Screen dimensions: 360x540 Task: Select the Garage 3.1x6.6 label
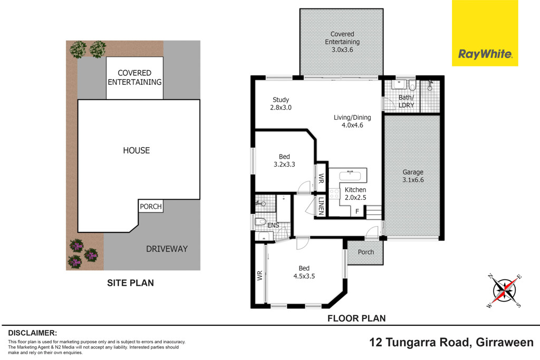click(x=413, y=176)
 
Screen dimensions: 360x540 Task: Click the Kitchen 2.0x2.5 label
click(x=355, y=193)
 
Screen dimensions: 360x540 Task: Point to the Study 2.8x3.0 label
click(x=281, y=103)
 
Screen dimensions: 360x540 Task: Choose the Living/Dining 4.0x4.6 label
click(x=352, y=121)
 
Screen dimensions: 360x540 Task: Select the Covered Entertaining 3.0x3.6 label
click(x=342, y=42)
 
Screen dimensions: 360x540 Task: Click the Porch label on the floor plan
click(x=365, y=252)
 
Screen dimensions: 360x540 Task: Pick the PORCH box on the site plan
click(x=151, y=206)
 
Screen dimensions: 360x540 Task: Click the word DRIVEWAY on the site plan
click(x=166, y=249)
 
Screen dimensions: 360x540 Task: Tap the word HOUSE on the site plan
click(x=137, y=151)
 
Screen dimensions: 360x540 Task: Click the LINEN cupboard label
click(x=321, y=206)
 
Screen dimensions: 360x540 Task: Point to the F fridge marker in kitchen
click(x=357, y=211)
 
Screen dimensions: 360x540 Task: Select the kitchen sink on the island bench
click(x=348, y=176)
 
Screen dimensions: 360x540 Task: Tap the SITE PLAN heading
click(x=130, y=283)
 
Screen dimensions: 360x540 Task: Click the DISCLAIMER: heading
click(x=32, y=333)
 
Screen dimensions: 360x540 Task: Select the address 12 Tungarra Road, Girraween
click(x=451, y=342)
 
